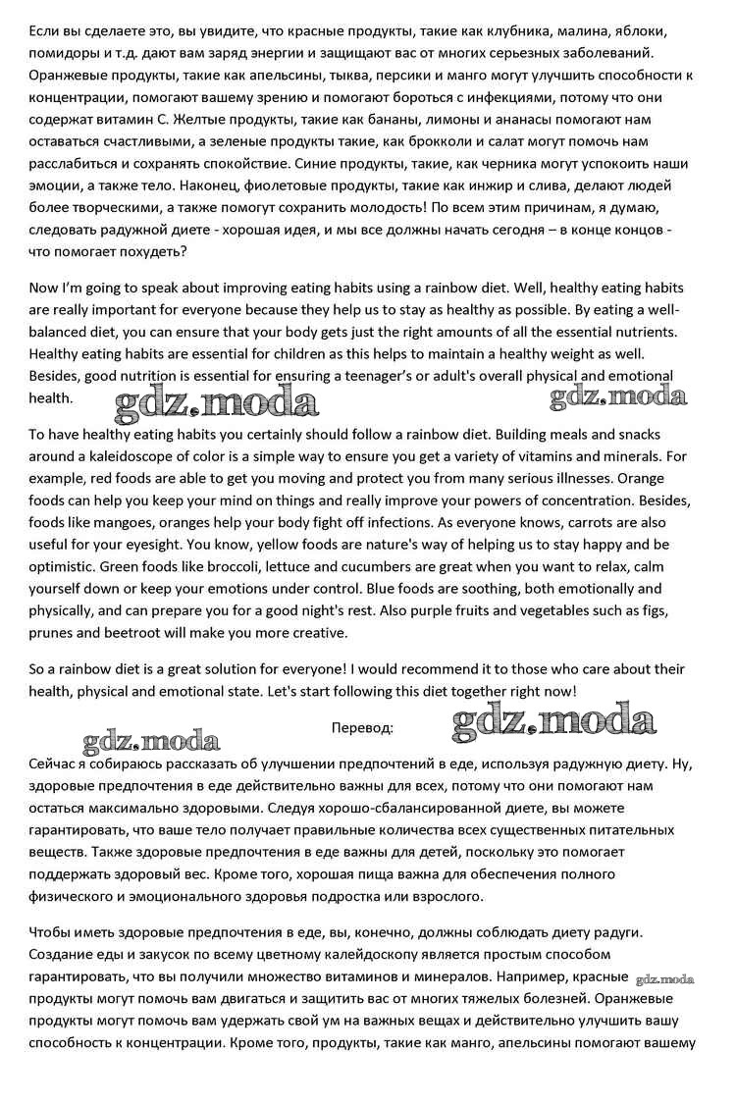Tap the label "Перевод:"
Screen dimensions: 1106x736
coord(363,727)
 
